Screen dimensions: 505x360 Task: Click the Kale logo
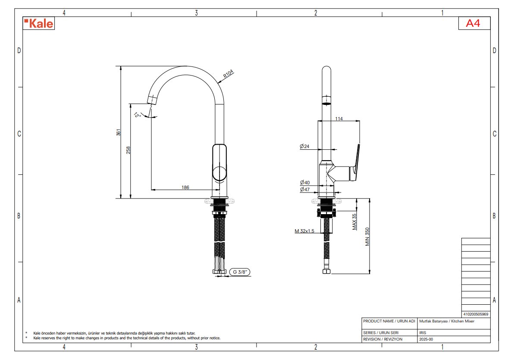39,24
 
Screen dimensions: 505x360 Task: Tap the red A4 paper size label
473,23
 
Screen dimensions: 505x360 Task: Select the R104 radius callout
228,74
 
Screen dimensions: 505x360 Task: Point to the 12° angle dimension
138,115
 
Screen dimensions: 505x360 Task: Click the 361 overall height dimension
119,132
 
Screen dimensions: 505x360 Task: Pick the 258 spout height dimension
128,150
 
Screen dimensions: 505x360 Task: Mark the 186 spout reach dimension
185,187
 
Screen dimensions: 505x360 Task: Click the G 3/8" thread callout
240,272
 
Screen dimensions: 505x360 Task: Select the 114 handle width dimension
339,119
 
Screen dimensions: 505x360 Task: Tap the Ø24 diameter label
304,146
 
